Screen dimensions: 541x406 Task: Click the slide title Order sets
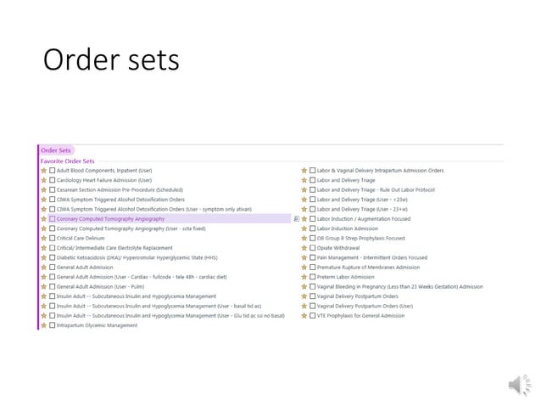pos(111,59)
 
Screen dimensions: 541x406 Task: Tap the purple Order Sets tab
pos(56,150)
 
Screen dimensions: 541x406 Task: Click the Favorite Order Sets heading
pos(68,161)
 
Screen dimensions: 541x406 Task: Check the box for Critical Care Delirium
pos(53,238)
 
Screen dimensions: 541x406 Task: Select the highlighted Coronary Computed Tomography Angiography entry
pos(110,218)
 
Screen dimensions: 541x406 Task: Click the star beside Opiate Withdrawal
pos(304,247)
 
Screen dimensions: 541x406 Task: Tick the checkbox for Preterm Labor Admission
pos(313,277)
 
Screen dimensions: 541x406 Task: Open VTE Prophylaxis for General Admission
pos(360,315)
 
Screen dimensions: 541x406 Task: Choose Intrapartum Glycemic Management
pos(96,325)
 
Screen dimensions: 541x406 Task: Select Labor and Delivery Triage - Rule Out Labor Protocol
pos(375,189)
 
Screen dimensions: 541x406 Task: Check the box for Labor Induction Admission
pos(313,228)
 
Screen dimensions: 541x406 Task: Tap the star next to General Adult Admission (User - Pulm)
pos(44,286)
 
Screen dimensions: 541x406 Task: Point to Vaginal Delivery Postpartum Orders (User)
pos(365,306)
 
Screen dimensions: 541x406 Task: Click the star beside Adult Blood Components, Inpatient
pos(44,170)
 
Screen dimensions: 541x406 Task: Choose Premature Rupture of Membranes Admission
pos(370,267)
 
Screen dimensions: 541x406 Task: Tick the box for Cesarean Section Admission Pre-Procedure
pos(53,189)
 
